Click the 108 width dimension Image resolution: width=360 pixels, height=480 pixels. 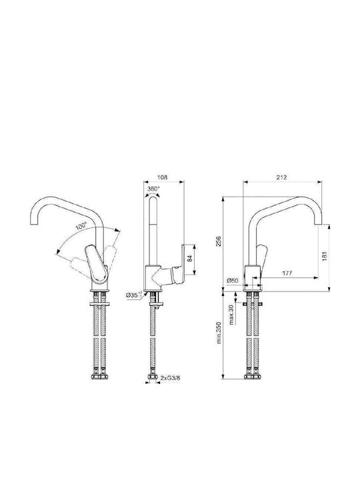pyautogui.click(x=162, y=177)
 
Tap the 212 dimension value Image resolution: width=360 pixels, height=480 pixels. pyautogui.click(x=281, y=177)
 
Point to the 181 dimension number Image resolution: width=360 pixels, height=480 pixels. pyautogui.click(x=325, y=256)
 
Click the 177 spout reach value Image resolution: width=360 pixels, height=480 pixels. pyautogui.click(x=287, y=273)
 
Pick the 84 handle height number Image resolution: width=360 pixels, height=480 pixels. pyautogui.click(x=190, y=258)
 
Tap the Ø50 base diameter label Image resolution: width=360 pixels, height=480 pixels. pyautogui.click(x=233, y=280)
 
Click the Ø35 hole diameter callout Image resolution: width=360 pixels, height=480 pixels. pyautogui.click(x=134, y=295)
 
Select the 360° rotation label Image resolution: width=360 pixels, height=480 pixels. pyautogui.click(x=153, y=189)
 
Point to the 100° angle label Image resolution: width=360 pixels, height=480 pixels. pyautogui.click(x=81, y=227)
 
